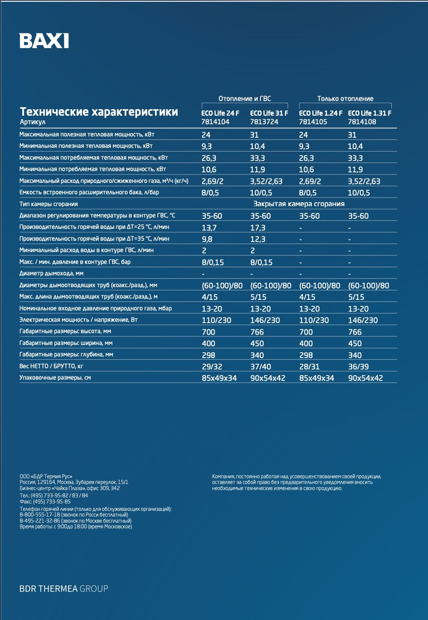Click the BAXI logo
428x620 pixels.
[44, 41]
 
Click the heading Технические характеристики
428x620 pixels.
[99, 112]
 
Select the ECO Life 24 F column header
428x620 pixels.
[220, 113]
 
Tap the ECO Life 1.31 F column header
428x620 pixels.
[369, 113]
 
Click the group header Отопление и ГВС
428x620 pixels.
[245, 99]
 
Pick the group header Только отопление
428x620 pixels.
[345, 99]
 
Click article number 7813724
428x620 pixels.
[264, 122]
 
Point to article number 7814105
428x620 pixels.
[313, 122]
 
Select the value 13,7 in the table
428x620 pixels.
[209, 228]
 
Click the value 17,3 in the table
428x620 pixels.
[258, 228]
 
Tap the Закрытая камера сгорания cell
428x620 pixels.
[299, 204]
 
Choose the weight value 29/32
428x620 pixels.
[212, 367]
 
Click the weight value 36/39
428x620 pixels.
[358, 367]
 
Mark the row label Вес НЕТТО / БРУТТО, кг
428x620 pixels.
[51, 366]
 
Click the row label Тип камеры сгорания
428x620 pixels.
[49, 204]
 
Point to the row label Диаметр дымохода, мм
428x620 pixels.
[51, 274]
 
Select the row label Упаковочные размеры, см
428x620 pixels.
[55, 378]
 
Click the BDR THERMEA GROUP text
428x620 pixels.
[64, 589]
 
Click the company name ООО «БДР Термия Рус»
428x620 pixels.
[46, 476]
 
